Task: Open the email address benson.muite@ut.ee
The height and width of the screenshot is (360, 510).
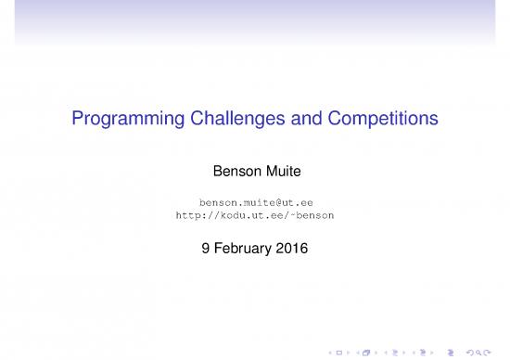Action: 255,201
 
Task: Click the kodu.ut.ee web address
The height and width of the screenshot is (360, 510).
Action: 255,214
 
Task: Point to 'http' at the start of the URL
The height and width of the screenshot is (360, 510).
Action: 187,214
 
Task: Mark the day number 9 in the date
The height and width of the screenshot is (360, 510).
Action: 205,248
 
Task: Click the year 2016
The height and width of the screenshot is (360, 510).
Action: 291,248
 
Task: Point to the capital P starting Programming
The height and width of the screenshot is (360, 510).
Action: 77,120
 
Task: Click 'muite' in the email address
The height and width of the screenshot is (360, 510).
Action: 257,201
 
